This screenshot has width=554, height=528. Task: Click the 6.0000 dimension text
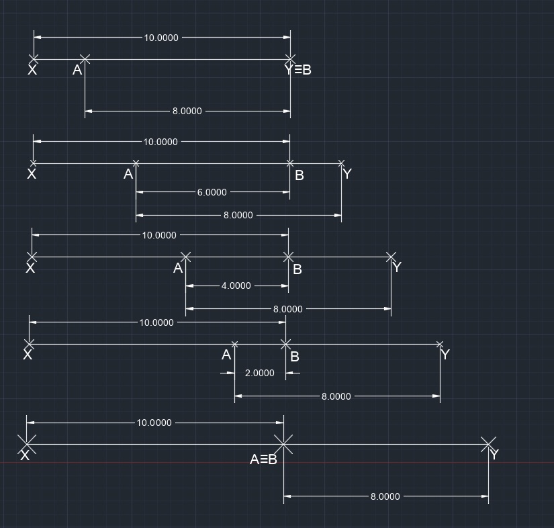click(x=212, y=192)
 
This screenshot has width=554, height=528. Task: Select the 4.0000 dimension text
click(x=236, y=285)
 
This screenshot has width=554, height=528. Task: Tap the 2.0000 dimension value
click(x=260, y=373)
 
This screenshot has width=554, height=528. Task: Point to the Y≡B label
click(x=298, y=70)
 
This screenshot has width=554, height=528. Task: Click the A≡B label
click(x=263, y=459)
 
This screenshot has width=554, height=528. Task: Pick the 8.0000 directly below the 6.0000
click(x=238, y=215)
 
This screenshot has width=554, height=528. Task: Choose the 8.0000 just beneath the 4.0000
click(x=288, y=309)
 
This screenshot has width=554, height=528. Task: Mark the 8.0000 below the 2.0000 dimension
click(x=336, y=396)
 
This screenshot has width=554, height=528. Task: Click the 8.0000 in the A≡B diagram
click(x=385, y=496)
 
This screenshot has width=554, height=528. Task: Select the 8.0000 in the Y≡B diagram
click(x=187, y=111)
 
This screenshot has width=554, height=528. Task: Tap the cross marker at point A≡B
click(x=283, y=444)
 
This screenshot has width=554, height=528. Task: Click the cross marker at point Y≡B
click(x=290, y=59)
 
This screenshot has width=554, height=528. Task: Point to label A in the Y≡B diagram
click(x=77, y=70)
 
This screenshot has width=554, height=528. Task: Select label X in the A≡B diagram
click(x=25, y=455)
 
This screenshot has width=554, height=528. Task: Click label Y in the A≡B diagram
click(x=494, y=454)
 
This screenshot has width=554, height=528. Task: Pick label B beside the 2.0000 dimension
click(x=295, y=357)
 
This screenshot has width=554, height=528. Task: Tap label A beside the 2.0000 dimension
click(x=226, y=355)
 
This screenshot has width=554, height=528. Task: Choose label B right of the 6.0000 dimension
click(x=299, y=175)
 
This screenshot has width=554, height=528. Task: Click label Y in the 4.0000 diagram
click(x=397, y=267)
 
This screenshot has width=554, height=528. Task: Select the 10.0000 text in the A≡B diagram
click(x=154, y=423)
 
